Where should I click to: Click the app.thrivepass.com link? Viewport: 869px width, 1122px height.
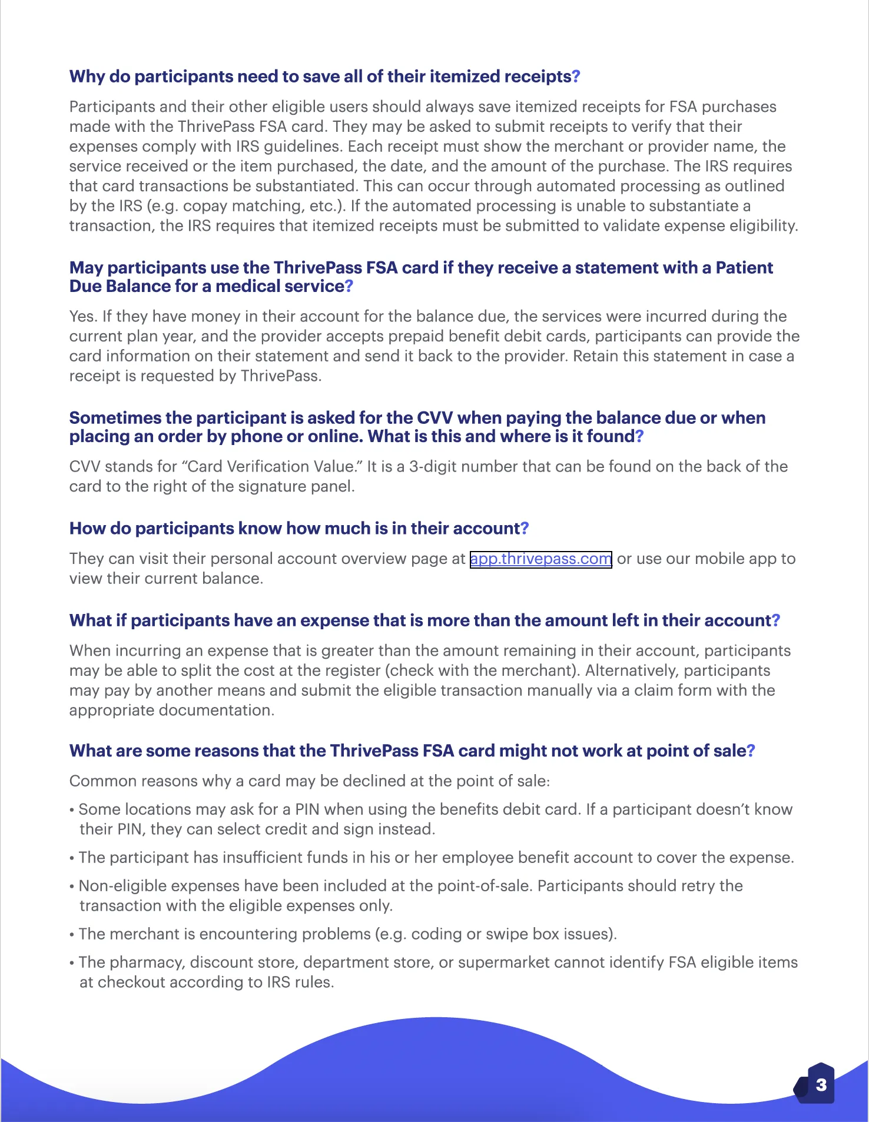540,559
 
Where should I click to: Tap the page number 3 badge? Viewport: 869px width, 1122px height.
821,1084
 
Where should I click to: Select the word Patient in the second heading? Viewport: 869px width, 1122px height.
744,268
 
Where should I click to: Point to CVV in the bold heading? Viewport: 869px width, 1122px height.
434,418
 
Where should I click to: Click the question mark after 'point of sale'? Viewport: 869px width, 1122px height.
751,751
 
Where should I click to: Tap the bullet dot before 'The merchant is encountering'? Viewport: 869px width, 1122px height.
72,935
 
